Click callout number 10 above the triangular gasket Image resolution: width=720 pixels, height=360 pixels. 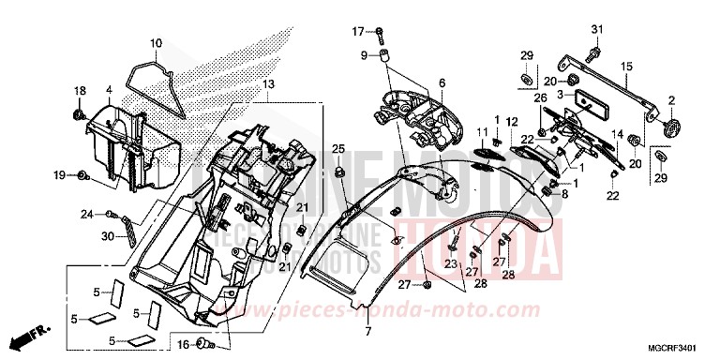click(156, 42)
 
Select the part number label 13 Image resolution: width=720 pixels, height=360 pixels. click(269, 83)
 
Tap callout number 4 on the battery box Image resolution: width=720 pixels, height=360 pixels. click(109, 90)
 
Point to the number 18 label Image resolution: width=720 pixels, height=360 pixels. click(80, 89)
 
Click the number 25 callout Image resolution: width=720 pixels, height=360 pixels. click(339, 149)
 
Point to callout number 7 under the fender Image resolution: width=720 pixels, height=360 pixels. click(368, 331)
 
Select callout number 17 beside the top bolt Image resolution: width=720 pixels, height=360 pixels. click(357, 33)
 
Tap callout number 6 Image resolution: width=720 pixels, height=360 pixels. click(441, 83)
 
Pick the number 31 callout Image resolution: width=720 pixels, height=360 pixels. click(597, 26)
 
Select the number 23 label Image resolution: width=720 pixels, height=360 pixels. click(449, 265)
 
